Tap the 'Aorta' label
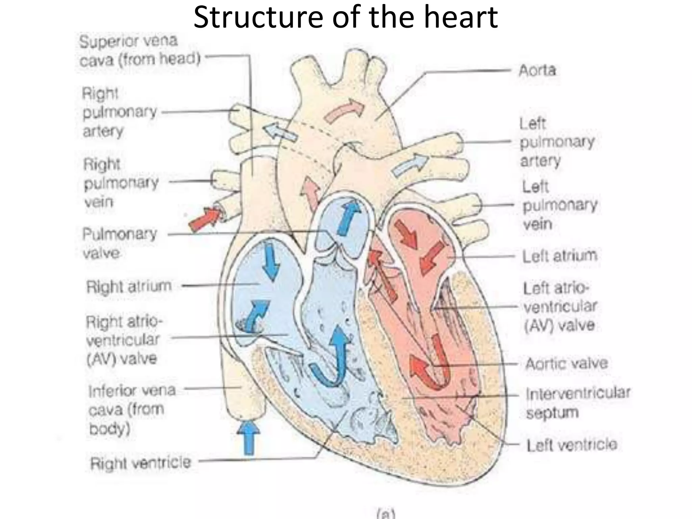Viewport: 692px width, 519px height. click(537, 71)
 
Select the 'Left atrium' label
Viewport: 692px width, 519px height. click(560, 256)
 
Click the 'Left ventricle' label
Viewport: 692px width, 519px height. click(572, 445)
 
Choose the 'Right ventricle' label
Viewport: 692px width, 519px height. click(140, 463)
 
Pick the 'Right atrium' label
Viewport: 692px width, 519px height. click(129, 287)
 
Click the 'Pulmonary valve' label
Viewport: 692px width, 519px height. click(120, 243)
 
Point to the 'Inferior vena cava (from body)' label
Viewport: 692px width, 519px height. click(132, 410)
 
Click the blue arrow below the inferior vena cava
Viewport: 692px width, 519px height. click(249, 438)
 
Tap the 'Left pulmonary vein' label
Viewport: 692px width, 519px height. click(559, 205)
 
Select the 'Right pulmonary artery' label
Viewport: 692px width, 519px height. click(120, 112)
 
